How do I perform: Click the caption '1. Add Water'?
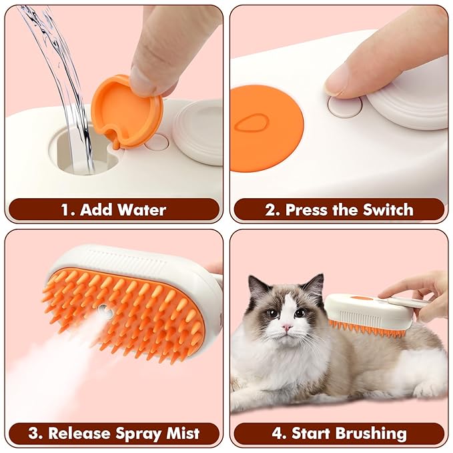113,209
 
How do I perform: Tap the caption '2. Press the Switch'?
339,209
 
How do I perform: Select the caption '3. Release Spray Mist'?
113,433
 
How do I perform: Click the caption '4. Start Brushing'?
339,433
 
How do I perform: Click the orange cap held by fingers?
125,110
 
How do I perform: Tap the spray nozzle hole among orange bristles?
103,310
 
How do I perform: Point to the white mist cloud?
47,374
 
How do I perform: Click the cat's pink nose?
286,327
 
